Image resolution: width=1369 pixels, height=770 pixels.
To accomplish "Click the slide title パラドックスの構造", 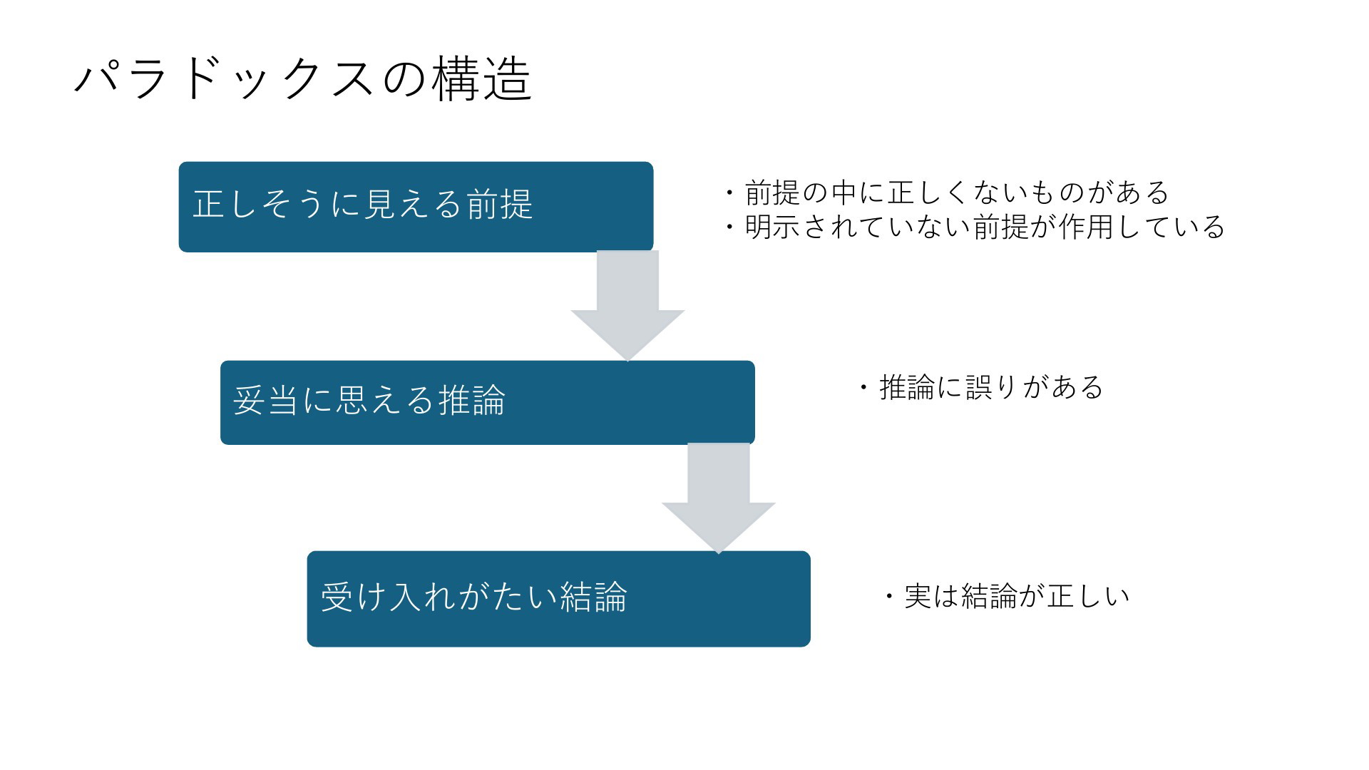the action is click(302, 79).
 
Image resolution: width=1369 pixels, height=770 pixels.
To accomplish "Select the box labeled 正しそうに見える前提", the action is click(416, 207).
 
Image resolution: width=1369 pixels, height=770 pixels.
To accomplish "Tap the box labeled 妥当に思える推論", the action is click(488, 403).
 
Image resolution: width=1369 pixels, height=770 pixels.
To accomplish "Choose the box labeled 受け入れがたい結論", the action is click(559, 599).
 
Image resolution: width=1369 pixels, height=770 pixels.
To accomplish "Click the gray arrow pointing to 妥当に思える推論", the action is click(627, 305).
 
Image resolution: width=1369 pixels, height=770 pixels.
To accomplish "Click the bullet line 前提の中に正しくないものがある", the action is click(947, 192).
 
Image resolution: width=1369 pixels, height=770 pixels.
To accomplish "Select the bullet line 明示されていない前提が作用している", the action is click(975, 227).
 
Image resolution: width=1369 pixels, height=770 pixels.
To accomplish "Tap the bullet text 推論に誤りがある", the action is click(980, 388).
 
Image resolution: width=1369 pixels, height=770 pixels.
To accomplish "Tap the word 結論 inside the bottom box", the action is click(593, 597).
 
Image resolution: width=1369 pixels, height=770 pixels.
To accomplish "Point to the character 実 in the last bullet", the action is click(918, 597).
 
